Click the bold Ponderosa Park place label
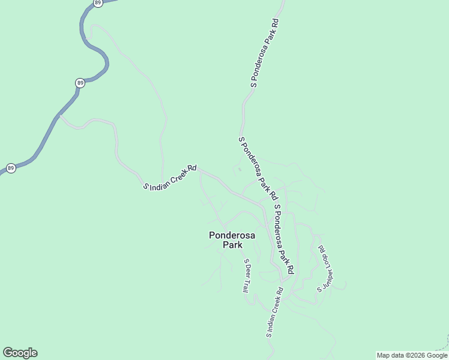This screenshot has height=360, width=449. [232, 240]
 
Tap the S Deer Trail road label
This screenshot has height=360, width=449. [246, 275]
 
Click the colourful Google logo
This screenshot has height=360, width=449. [20, 353]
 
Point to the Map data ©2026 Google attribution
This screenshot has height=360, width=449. [412, 355]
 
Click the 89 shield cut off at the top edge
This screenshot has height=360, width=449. [98, 2]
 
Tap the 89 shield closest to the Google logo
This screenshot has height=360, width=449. [11, 168]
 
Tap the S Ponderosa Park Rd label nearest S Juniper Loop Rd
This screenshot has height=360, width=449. [283, 240]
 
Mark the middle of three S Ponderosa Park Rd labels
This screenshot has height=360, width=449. [258, 168]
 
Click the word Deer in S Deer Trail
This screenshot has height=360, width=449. [246, 271]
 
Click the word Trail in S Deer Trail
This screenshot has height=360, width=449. [246, 284]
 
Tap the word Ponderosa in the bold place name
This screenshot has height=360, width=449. [232, 235]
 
